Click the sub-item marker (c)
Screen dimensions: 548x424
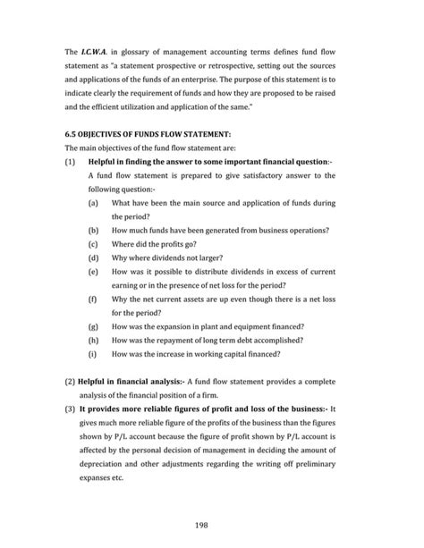[93, 241]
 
